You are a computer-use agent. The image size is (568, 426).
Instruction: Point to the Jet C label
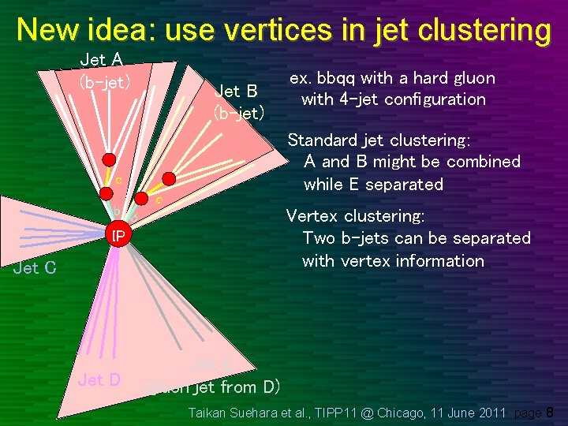coord(35,268)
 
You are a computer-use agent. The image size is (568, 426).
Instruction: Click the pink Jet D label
coord(99,380)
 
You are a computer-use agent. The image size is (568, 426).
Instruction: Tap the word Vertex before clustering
coord(311,216)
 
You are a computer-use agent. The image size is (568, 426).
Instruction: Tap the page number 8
coord(550,412)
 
